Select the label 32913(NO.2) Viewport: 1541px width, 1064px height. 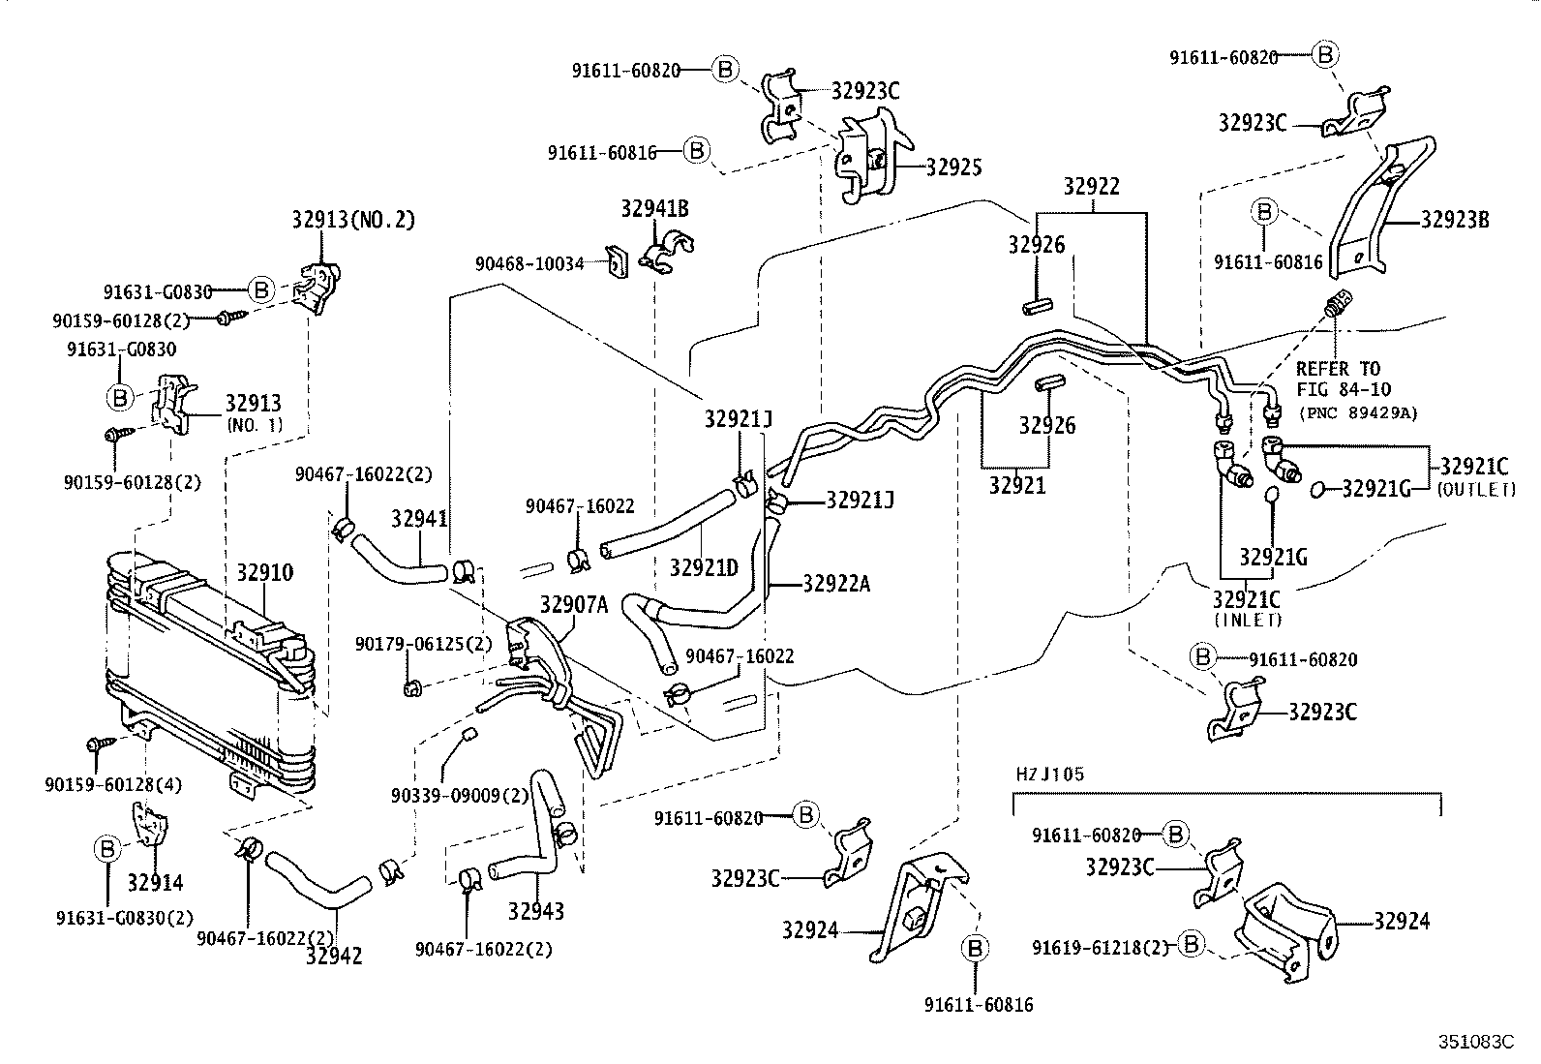point(352,220)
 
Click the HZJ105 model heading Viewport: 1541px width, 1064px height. point(1050,774)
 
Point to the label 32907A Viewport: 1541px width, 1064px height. point(573,605)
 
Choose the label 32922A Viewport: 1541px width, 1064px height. point(836,583)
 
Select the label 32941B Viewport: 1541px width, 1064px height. point(655,208)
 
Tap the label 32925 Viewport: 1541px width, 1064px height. point(953,167)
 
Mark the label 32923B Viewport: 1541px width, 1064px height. point(1454,220)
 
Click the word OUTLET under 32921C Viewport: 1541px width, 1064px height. point(1477,490)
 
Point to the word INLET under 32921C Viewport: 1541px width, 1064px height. point(1247,620)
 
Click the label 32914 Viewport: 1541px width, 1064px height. point(155,882)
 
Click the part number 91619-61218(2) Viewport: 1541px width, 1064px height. point(1101,946)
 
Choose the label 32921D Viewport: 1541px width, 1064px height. point(704,566)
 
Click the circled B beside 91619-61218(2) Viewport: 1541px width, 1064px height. point(1192,943)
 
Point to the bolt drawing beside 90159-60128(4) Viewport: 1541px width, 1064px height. point(100,744)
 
